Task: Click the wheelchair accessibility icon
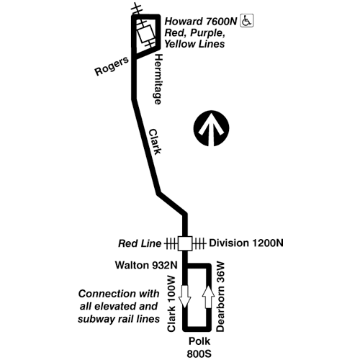(247, 21)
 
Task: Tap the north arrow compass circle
(211, 128)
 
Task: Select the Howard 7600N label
(201, 22)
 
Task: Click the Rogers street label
(112, 66)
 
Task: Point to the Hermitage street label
(158, 79)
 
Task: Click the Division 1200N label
(246, 243)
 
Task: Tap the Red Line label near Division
(140, 243)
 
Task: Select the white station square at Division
(185, 243)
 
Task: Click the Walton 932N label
(146, 265)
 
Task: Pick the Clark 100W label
(171, 304)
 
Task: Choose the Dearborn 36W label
(220, 297)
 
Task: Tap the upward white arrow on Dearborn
(208, 297)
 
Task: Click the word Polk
(199, 341)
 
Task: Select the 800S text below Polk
(199, 354)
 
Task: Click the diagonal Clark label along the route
(155, 142)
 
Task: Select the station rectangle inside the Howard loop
(145, 34)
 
